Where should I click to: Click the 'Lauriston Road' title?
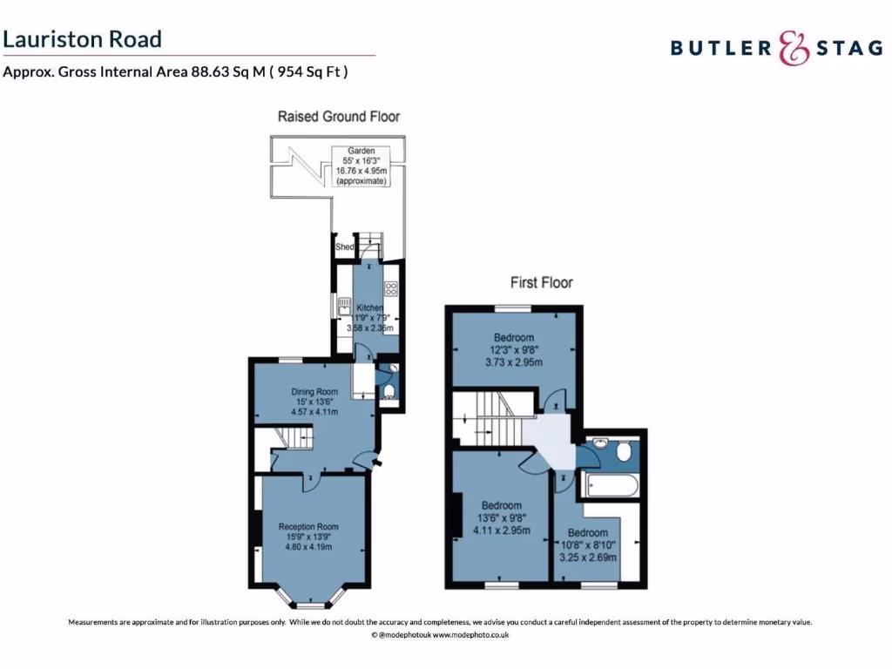coord(82,39)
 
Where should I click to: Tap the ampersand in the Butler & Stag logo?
coord(793,48)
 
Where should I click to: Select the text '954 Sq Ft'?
coord(307,72)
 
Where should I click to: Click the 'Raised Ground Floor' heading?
coord(338,116)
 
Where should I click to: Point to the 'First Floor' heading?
coord(541,282)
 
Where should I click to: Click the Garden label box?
coord(361,166)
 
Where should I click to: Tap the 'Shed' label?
coord(344,247)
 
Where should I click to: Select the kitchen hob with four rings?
coord(391,291)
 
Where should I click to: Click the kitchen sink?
coord(345,305)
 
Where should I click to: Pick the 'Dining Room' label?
coord(314,391)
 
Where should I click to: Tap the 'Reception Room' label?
coord(308,526)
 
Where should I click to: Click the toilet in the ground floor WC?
coord(389,390)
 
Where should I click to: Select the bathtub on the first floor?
coord(612,485)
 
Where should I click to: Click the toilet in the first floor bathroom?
coord(622,453)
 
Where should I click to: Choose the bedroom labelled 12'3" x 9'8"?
coord(514,349)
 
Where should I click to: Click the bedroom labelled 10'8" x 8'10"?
coord(588,544)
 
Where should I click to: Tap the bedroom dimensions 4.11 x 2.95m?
coord(502,530)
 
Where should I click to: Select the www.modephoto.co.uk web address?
coord(470,636)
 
